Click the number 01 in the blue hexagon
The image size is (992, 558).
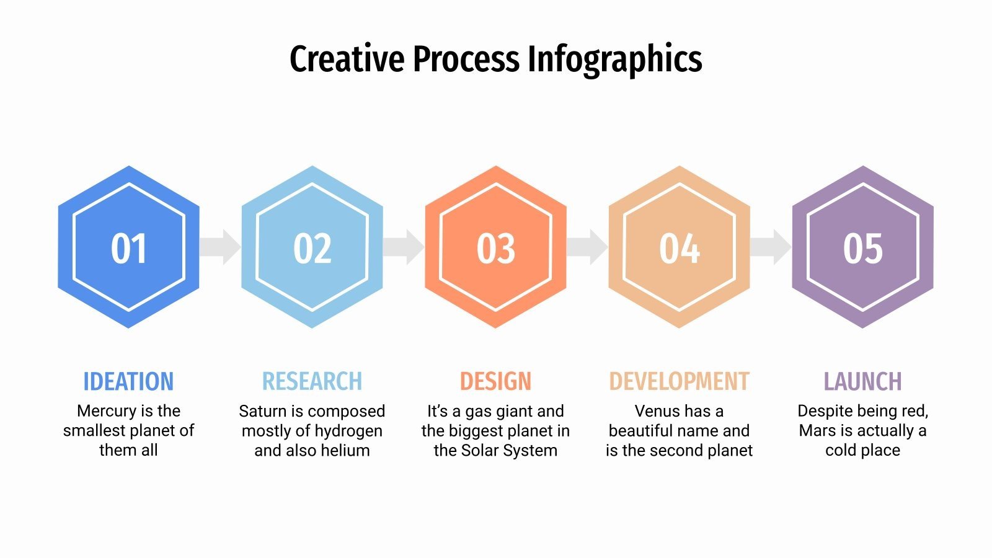pyautogui.click(x=128, y=249)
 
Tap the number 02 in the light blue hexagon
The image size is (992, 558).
pyautogui.click(x=312, y=249)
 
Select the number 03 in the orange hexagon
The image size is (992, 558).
pyautogui.click(x=495, y=249)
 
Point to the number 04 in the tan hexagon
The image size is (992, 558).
pyautogui.click(x=679, y=249)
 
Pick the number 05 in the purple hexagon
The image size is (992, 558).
pyautogui.click(x=862, y=249)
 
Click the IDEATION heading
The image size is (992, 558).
pyautogui.click(x=128, y=381)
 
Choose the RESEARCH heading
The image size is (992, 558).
pyautogui.click(x=312, y=381)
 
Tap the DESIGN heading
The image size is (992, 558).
pyautogui.click(x=495, y=381)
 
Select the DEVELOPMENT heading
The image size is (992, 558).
pyautogui.click(x=679, y=381)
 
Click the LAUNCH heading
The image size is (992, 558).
pyautogui.click(x=862, y=381)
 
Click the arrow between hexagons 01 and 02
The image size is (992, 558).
pyautogui.click(x=221, y=247)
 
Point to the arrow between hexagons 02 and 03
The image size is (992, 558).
pyautogui.click(x=404, y=247)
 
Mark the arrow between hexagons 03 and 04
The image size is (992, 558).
pyautogui.click(x=588, y=247)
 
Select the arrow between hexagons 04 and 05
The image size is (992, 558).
pyautogui.click(x=771, y=247)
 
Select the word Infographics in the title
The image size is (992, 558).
pyautogui.click(x=614, y=60)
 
